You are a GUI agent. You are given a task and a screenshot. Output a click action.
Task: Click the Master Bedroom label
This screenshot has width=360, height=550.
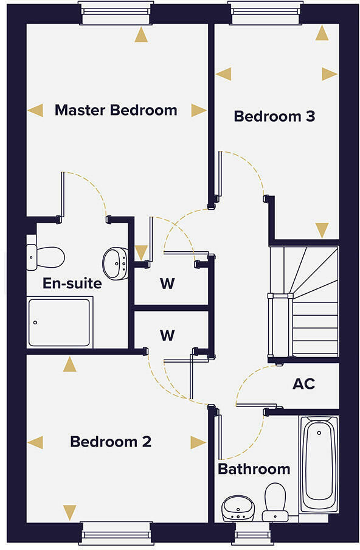point(116,110)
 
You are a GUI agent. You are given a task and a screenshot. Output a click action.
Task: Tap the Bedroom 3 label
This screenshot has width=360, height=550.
point(274,116)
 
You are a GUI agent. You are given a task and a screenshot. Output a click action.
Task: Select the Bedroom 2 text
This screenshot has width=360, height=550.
point(111,441)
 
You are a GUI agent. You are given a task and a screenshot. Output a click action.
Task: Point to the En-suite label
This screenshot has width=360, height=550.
point(72,283)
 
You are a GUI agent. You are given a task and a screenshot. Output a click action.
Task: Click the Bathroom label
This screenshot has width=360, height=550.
point(254,469)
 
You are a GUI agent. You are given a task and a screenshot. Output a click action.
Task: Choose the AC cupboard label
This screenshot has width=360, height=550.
point(303,385)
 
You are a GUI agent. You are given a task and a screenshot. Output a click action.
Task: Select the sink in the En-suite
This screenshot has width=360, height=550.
point(114,262)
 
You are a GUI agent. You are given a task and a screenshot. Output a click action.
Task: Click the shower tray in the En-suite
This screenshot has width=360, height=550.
point(60,322)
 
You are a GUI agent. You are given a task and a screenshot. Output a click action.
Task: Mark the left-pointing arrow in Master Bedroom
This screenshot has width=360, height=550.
point(36,110)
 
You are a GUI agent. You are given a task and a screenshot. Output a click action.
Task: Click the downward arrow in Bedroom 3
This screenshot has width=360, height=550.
point(322,230)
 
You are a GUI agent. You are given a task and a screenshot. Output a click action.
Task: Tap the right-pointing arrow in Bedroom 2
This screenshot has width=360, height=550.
point(198,442)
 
